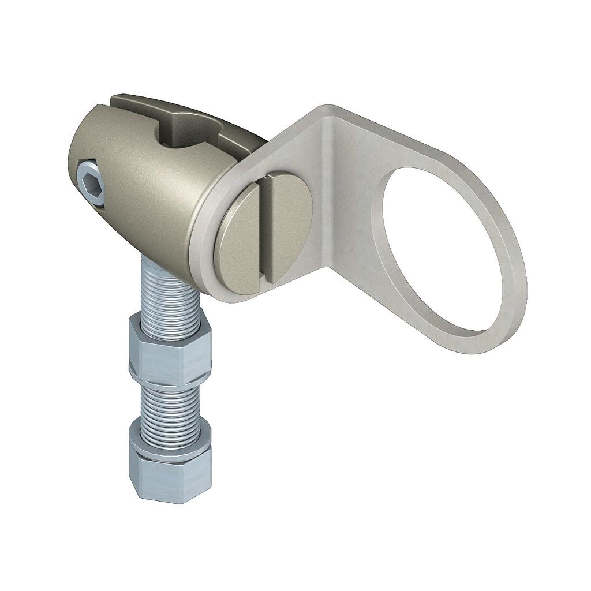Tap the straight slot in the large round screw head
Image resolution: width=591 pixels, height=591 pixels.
tap(264, 231)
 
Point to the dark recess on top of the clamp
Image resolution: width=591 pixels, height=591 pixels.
tap(185, 130)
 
